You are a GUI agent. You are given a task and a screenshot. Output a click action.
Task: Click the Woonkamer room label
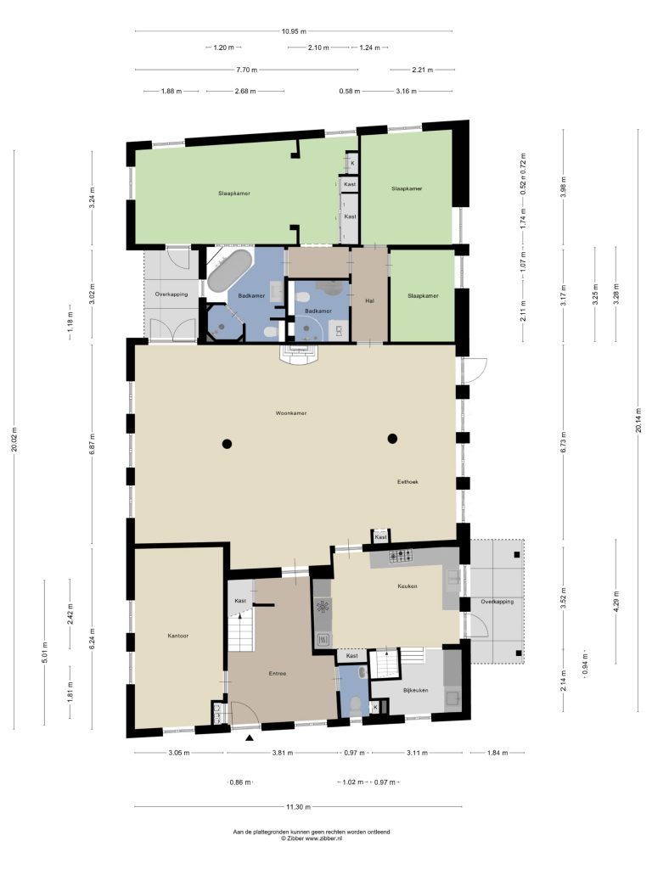291,413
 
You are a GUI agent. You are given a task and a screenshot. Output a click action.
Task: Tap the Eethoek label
407,482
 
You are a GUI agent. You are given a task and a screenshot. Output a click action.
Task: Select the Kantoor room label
178,636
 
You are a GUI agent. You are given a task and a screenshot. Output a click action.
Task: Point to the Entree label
278,673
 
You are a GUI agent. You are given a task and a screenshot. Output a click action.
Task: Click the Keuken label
407,586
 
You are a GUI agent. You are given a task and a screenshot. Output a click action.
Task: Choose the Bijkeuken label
416,690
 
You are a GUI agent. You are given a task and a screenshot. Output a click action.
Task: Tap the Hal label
370,301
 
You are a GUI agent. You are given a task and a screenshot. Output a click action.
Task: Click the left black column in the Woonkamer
227,443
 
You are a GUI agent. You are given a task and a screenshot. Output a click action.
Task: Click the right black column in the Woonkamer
392,439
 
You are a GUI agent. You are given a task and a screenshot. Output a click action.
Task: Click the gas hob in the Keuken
401,555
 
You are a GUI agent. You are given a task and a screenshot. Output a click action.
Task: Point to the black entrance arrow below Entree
250,737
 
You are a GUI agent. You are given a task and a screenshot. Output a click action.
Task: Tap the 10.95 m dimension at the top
294,31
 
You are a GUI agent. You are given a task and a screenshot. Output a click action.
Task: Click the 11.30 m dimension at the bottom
298,807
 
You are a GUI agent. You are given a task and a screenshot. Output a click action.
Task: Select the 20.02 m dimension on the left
14,440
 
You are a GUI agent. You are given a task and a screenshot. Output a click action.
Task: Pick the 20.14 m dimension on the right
638,420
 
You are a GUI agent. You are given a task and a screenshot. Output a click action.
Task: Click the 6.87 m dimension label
92,443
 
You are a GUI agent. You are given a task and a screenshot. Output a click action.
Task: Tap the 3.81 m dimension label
283,753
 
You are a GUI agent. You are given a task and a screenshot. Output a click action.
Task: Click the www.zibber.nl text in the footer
323,838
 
